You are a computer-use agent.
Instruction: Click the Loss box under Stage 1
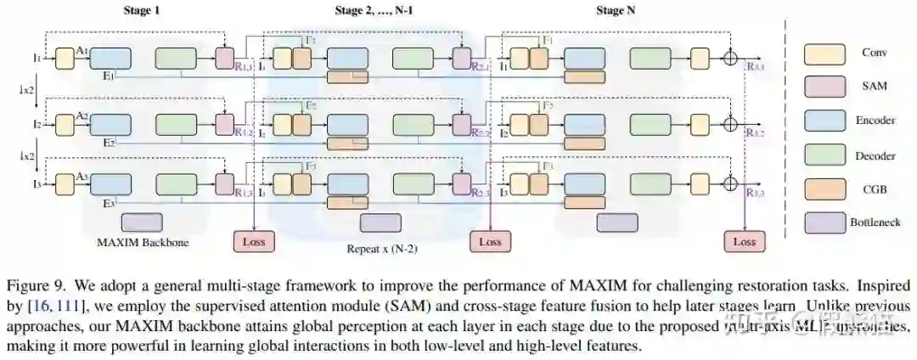click(254, 241)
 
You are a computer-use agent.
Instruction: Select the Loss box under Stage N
click(744, 241)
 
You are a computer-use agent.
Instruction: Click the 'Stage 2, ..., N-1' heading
click(382, 11)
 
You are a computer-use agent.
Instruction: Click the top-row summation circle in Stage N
click(729, 59)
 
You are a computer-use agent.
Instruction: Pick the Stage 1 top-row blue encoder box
click(110, 59)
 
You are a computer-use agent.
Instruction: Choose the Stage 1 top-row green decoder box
click(177, 59)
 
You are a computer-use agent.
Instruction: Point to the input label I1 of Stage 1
click(37, 59)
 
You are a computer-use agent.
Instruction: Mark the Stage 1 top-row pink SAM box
click(225, 59)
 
